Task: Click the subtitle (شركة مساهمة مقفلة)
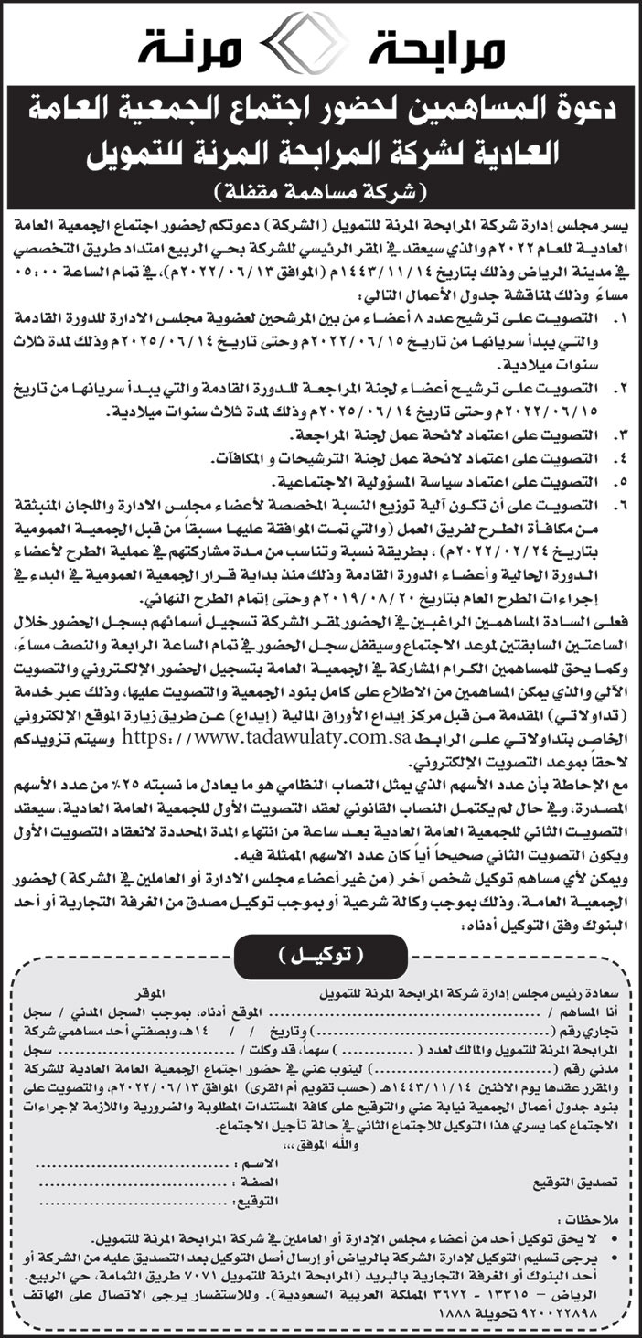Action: [x=321, y=192]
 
